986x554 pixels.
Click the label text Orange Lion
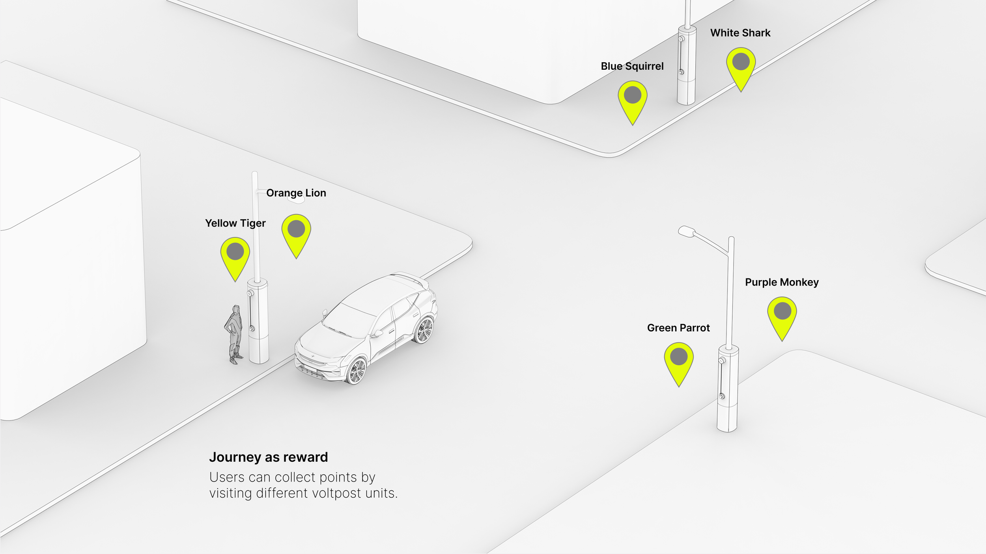(x=296, y=193)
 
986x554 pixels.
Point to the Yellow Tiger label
(x=235, y=223)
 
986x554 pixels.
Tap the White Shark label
(x=740, y=33)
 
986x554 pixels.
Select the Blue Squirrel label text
(x=632, y=67)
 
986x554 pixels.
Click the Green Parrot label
(x=678, y=328)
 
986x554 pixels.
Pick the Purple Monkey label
(x=782, y=283)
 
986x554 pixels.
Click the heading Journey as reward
(x=269, y=457)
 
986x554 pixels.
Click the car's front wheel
(x=357, y=370)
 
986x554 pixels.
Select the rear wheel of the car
(x=424, y=330)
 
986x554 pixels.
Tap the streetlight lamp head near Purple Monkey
(x=687, y=231)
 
